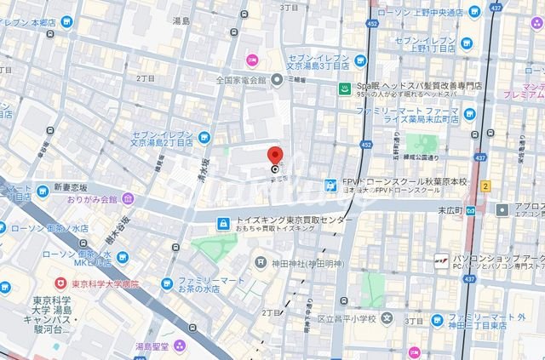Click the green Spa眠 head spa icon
pos(345,88)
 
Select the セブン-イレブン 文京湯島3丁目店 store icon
pos(360,59)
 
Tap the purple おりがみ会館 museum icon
pos(128,199)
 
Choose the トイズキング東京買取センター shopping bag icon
pos(222,224)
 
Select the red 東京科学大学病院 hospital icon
pos(60,283)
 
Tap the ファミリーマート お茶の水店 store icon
pos(169,283)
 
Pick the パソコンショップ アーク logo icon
pos(441,260)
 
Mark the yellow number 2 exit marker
pos(485,186)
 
